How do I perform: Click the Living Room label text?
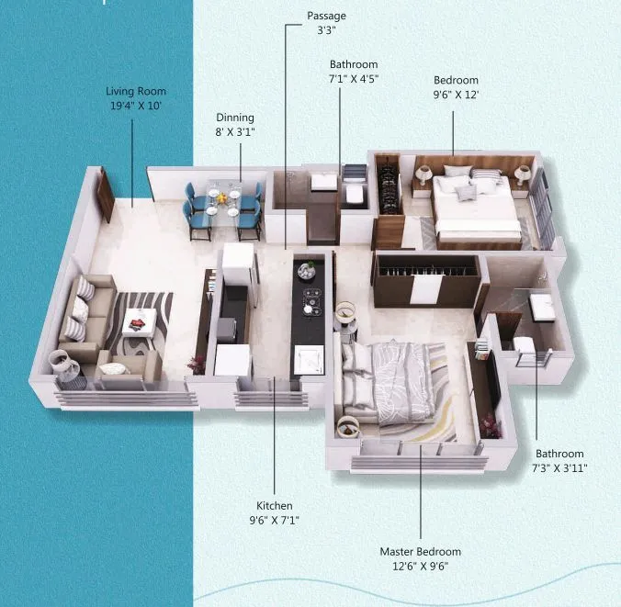point(136,92)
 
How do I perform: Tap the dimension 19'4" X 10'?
point(136,107)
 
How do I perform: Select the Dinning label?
point(235,118)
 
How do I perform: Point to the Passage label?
point(326,17)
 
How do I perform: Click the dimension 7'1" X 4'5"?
point(354,79)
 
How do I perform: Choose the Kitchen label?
point(274,506)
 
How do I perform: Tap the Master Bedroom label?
point(421,552)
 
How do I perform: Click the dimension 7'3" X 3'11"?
point(559,468)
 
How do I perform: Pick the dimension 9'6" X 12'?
point(457,94)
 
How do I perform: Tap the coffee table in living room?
point(141,322)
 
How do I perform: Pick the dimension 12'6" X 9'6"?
point(421,567)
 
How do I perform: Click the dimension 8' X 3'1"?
point(235,132)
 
